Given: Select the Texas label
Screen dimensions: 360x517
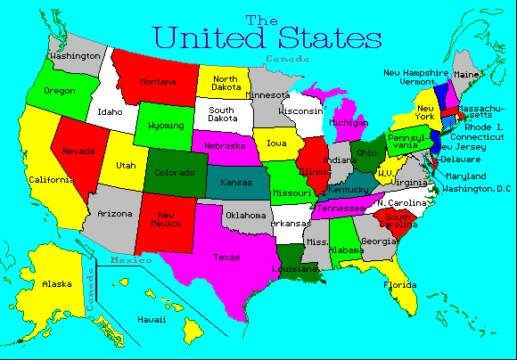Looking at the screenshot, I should point(226,258).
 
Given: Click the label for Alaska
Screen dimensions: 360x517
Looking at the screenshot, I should point(57,284).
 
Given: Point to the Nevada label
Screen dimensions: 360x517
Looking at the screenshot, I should point(78,151).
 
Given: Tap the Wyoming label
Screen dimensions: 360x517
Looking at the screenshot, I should point(165,126).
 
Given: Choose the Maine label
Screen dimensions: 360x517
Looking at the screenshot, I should point(465,75).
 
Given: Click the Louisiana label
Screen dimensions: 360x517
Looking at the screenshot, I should point(295,267).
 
